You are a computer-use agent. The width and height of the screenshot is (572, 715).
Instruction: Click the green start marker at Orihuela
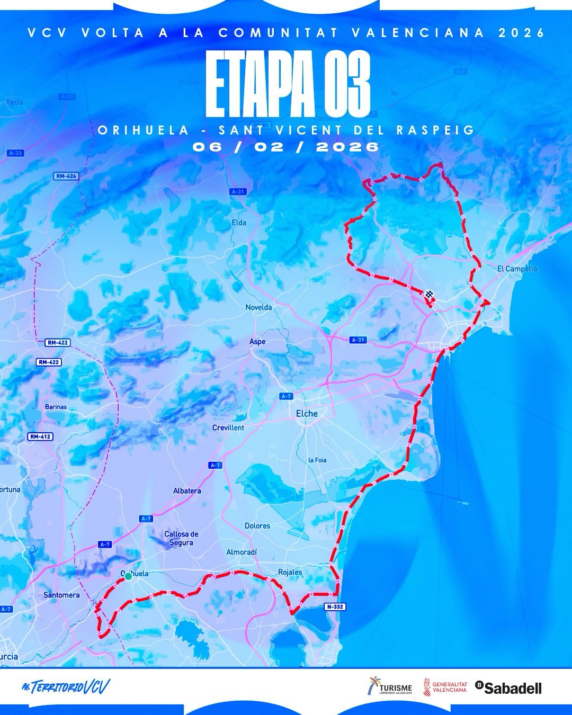pos(128,576)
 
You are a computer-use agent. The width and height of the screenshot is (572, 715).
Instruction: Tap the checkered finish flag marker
pos(429,294)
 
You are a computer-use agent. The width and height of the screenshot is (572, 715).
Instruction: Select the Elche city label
pos(307,414)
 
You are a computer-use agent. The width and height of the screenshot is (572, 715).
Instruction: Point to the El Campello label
pos(517,269)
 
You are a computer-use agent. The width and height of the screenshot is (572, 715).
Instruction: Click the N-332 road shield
pos(335,607)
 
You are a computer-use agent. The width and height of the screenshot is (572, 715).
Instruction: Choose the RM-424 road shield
pos(66,176)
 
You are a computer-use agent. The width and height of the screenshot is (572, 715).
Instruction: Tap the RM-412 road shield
pos(40,437)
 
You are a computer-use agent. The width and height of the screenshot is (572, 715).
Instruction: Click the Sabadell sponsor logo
pos(508,688)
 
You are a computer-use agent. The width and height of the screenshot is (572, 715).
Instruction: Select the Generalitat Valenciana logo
pos(445,687)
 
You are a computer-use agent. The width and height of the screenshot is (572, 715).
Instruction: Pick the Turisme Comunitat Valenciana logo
pos(390,687)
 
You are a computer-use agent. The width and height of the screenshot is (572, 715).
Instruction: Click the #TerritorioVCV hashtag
pos(66,687)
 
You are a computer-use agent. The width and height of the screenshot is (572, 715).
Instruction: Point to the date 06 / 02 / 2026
pos(286,147)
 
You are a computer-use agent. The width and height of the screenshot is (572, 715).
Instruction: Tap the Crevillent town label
pos(228,427)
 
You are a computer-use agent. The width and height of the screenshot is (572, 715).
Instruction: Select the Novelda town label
pos(258,307)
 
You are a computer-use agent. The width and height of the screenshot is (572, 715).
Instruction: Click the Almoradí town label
pos(242,552)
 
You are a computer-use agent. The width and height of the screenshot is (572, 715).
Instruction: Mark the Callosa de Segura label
pos(181,538)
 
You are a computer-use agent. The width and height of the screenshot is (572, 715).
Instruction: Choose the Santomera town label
pos(61,595)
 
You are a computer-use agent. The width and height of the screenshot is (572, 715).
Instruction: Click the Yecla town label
pos(15,102)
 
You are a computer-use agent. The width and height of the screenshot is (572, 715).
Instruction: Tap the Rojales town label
pos(290,572)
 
